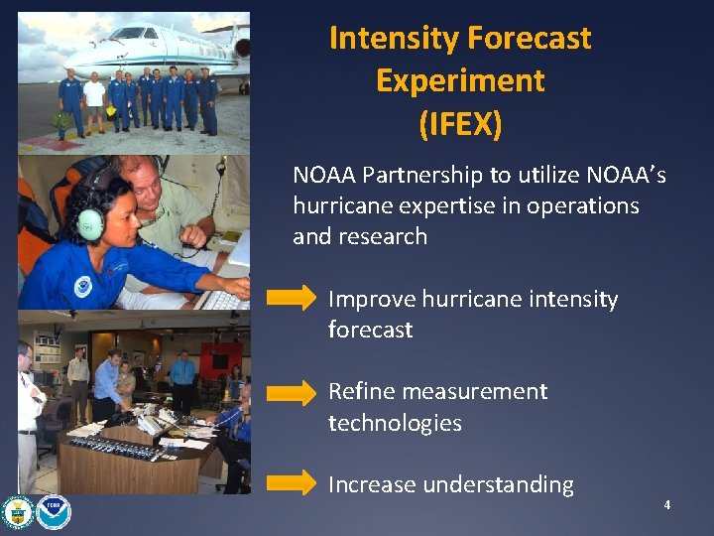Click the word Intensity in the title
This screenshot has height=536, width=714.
click(x=391, y=39)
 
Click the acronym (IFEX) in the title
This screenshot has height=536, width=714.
click(x=460, y=124)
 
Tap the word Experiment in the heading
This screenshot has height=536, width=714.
click(x=460, y=81)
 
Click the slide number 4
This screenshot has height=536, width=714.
click(x=667, y=505)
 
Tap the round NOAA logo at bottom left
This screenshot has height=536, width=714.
click(x=54, y=512)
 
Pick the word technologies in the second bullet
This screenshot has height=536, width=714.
click(x=395, y=424)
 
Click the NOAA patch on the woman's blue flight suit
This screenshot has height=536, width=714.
click(x=83, y=287)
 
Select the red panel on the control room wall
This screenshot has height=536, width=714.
click(x=213, y=357)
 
